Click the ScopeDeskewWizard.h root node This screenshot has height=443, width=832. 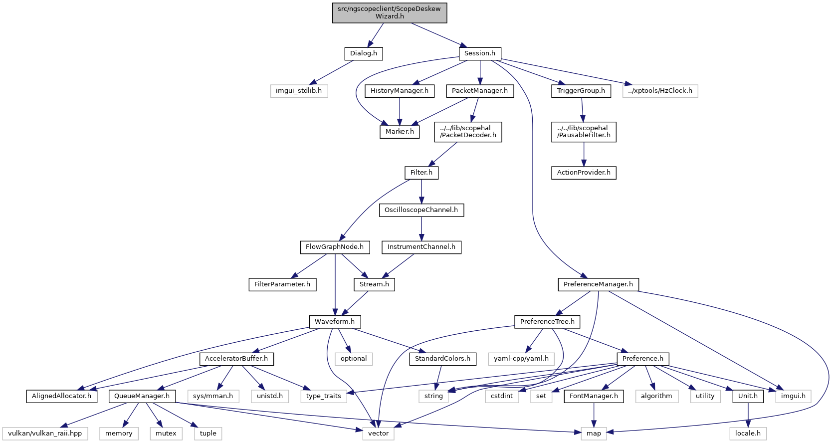click(389, 13)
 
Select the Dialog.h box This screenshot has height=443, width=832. click(363, 53)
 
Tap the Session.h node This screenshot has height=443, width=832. click(479, 53)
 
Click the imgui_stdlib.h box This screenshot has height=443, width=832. click(299, 91)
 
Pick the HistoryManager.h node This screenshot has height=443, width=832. click(399, 91)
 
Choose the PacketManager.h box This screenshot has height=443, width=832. click(480, 91)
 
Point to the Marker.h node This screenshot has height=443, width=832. click(399, 132)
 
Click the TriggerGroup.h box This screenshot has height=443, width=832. click(581, 91)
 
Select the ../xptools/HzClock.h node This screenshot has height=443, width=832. click(660, 91)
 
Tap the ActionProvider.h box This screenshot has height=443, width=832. click(584, 173)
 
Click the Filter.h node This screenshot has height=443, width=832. click(421, 173)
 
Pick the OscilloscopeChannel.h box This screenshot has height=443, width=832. click(421, 210)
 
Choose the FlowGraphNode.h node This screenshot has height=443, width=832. click(335, 247)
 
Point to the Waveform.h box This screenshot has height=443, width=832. click(335, 322)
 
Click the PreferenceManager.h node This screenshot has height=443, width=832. click(598, 284)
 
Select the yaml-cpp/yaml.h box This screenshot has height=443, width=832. click(521, 359)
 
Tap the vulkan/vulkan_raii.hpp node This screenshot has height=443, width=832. click(45, 434)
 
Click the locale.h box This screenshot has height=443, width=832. click(748, 434)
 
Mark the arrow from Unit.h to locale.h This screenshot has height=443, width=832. click(748, 415)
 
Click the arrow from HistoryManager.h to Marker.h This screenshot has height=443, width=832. click(399, 111)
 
